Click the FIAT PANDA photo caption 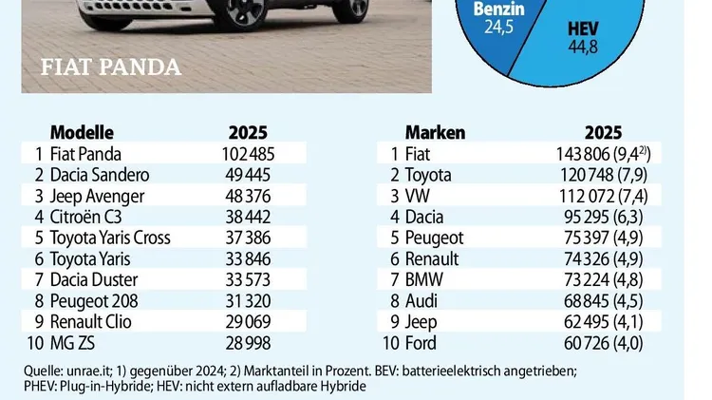click(112, 67)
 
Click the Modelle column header click(82, 132)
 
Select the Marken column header click(434, 132)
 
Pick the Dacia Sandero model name click(99, 174)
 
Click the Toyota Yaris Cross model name click(113, 237)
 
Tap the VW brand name click(418, 195)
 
